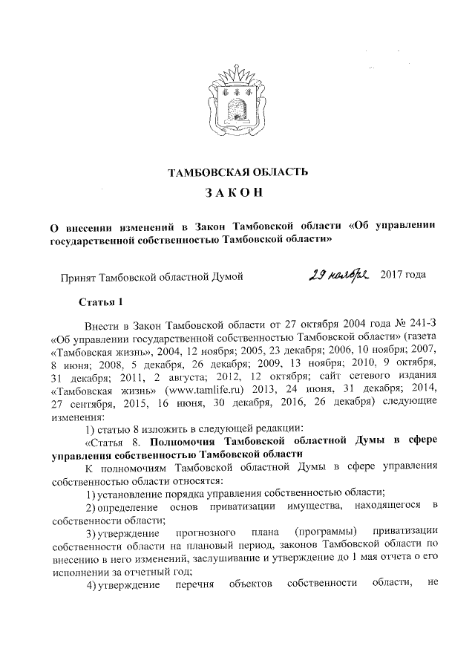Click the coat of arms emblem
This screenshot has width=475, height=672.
pyautogui.click(x=238, y=100)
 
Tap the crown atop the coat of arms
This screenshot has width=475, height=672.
pyautogui.click(x=238, y=74)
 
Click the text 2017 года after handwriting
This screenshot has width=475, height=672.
pyautogui.click(x=403, y=276)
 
